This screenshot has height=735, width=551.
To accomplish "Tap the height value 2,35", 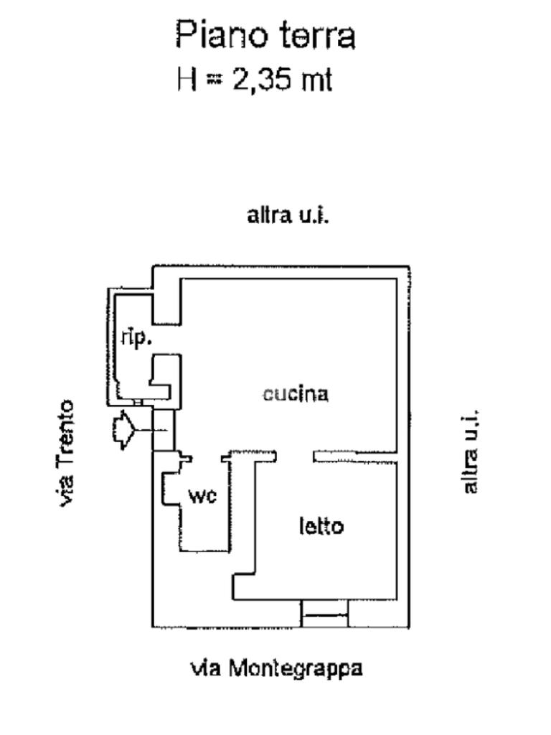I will [263, 80].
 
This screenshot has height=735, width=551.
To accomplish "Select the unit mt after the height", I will [316, 80].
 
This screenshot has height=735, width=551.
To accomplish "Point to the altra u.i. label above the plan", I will [288, 215].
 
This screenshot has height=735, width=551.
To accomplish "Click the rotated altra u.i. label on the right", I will [471, 451].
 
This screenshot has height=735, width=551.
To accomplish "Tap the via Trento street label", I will [67, 453].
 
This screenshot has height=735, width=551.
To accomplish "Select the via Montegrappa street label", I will [276, 668].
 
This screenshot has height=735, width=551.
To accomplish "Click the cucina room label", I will [296, 393].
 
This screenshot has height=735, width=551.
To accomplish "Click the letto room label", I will [321, 526].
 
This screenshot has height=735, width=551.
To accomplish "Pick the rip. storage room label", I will [136, 338].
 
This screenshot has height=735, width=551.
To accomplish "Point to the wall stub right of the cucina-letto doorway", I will [354, 455].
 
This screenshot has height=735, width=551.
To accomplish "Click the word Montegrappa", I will [296, 668].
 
